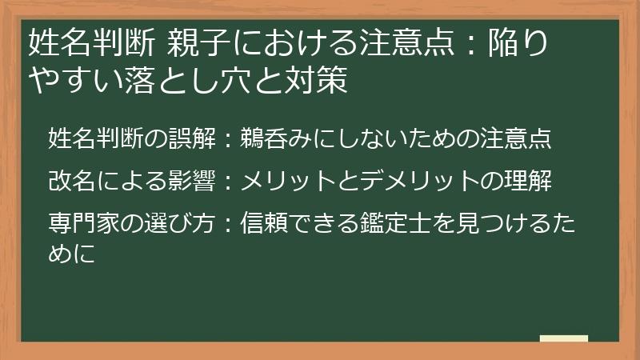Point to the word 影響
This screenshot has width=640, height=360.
coord(191,182)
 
